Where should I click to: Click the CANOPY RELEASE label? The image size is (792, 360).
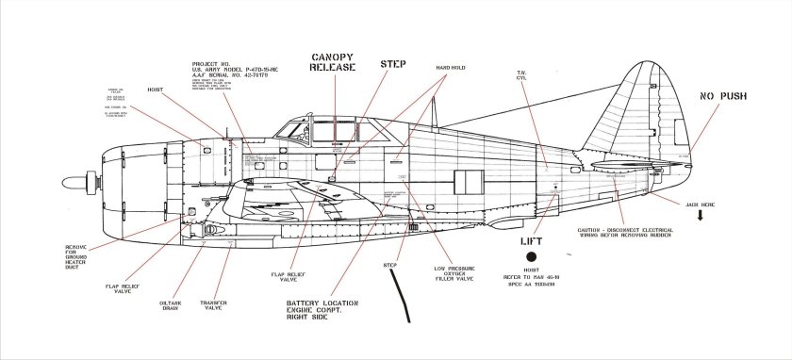pyautogui.click(x=333, y=62)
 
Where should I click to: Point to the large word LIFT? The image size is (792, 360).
pyautogui.click(x=532, y=242)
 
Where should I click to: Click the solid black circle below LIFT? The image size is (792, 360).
pyautogui.click(x=532, y=255)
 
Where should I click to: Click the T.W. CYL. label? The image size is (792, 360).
pyautogui.click(x=520, y=75)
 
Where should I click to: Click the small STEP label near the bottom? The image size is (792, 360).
pyautogui.click(x=390, y=265)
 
